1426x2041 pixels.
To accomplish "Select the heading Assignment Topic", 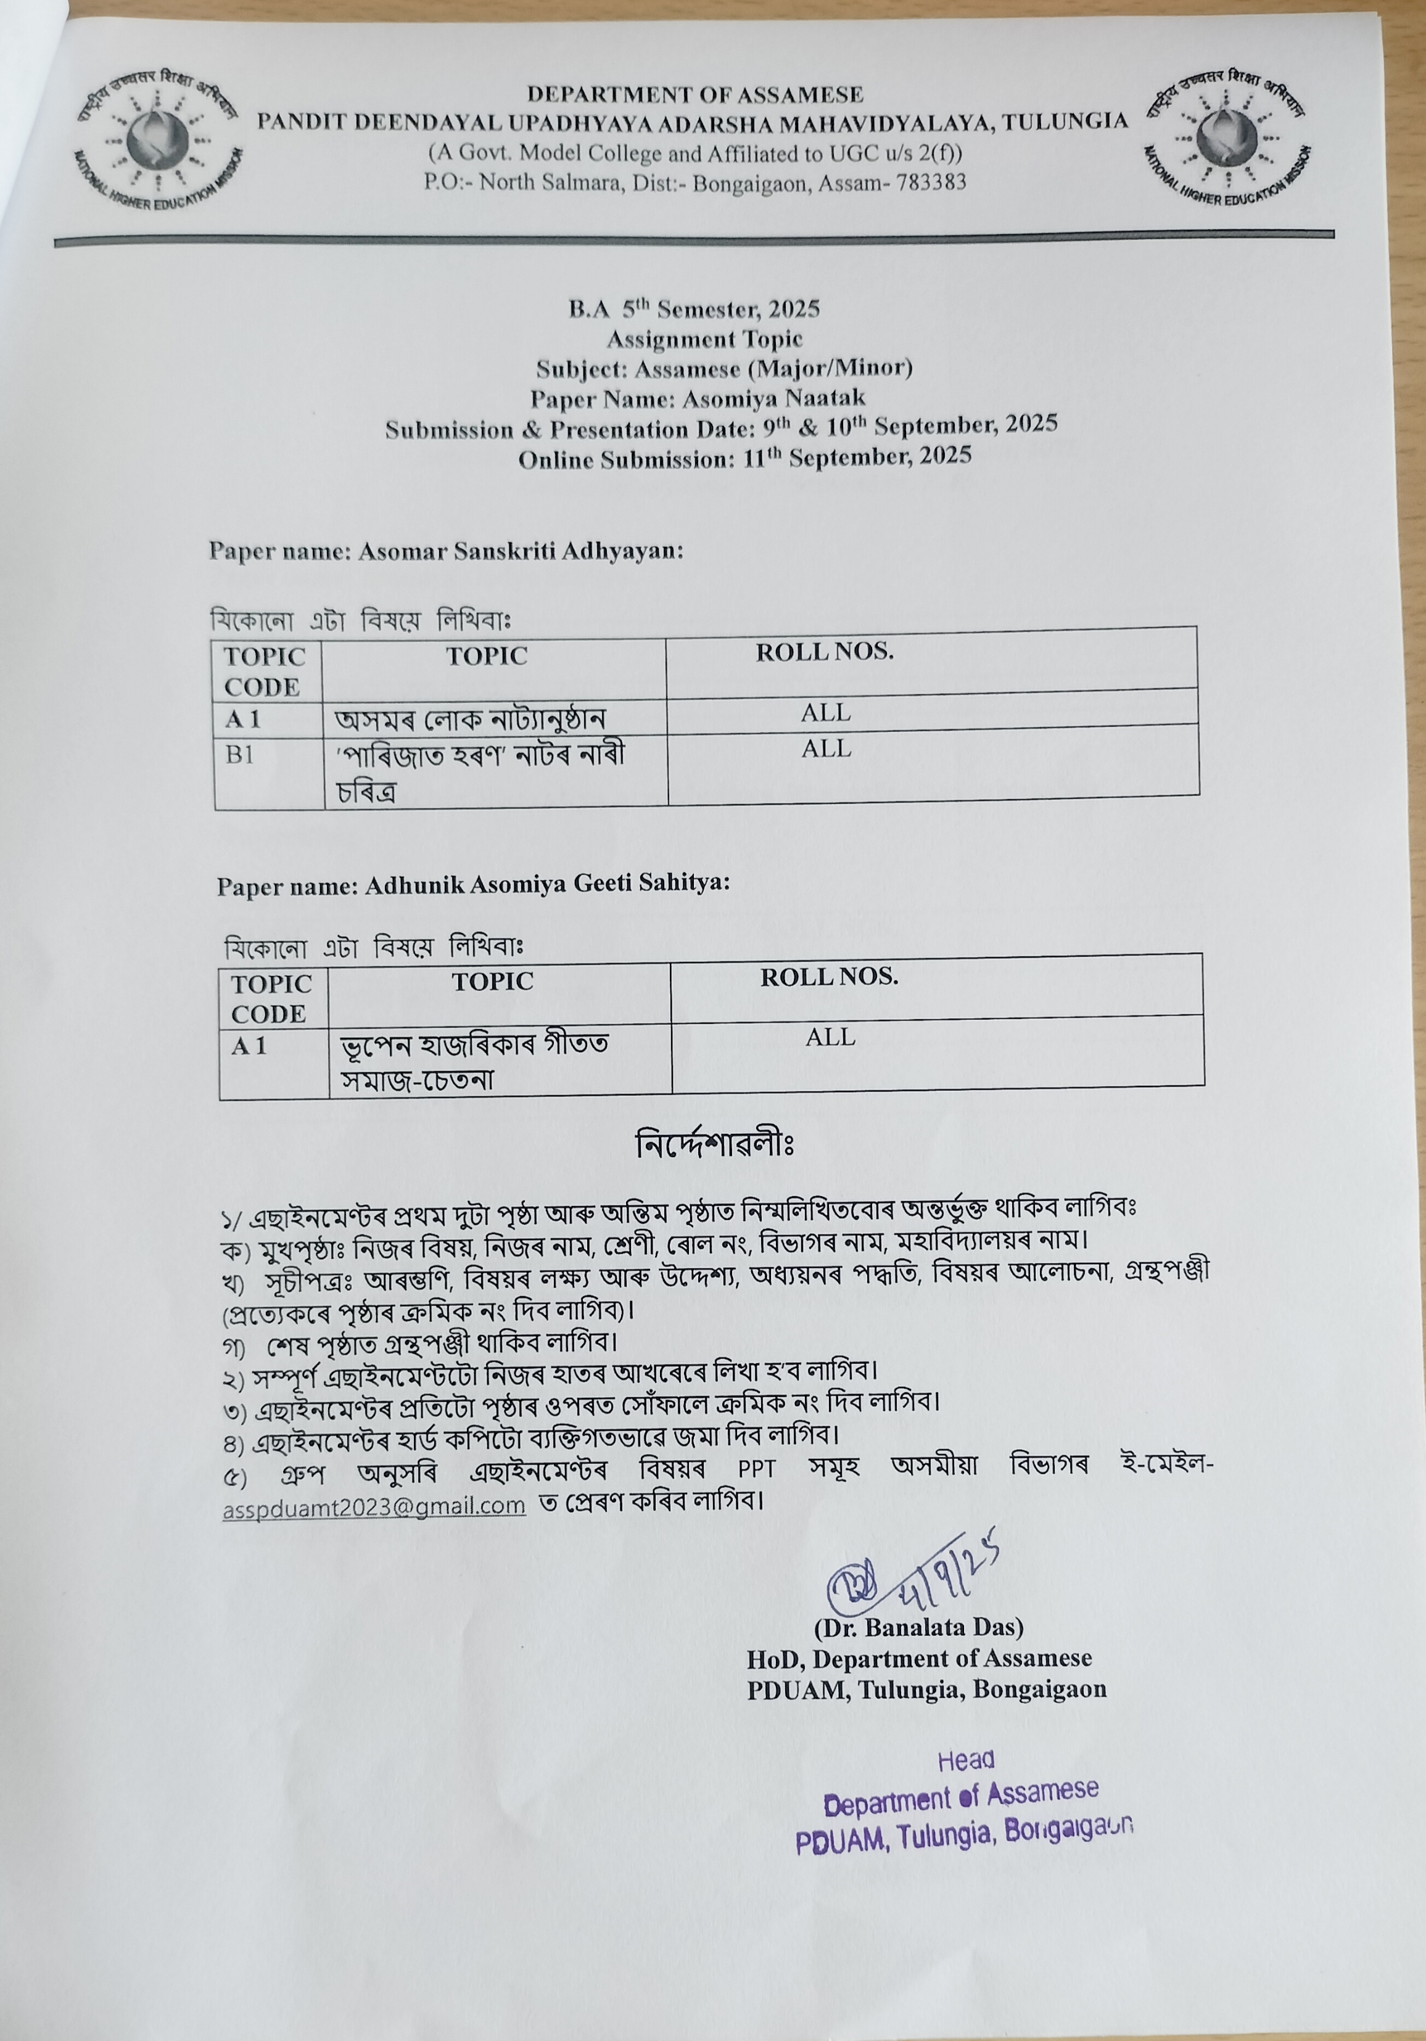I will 704,339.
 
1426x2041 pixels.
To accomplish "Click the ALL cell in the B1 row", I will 826,749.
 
